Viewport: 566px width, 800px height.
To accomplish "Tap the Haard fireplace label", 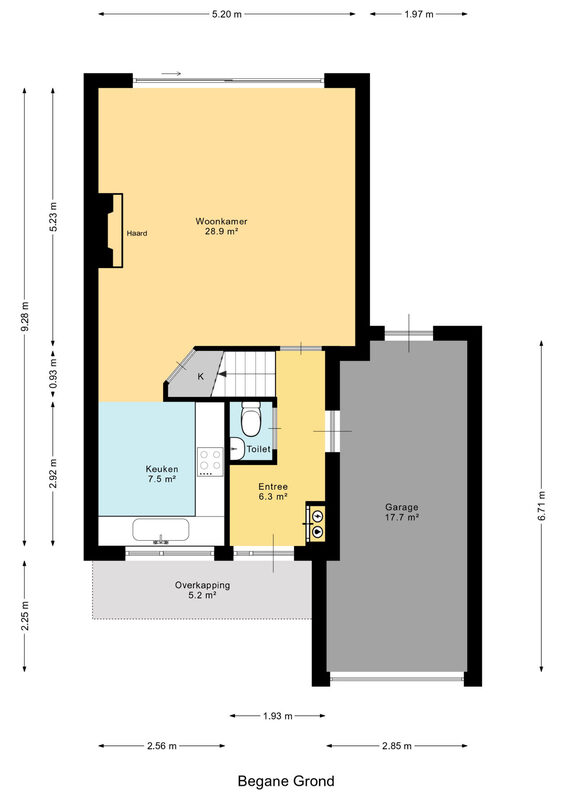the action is tap(137, 233).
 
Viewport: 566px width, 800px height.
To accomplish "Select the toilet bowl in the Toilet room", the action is tap(251, 419).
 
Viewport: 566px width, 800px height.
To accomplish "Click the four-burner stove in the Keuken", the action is tap(210, 462).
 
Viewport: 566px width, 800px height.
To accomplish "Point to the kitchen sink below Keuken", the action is tap(161, 530).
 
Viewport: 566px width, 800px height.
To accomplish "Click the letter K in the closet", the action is tap(201, 377).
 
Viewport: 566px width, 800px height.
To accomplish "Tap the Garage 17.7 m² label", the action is tap(402, 512).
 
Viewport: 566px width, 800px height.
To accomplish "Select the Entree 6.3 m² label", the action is tap(273, 491).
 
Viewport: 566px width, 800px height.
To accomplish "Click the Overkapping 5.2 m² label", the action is tap(202, 590).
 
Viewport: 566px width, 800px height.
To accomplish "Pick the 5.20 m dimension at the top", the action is tap(227, 14).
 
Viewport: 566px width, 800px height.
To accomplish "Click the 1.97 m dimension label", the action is tap(419, 14).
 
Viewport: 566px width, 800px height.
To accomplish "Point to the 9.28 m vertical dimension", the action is tap(24, 317).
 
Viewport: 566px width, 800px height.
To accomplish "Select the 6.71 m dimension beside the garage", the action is tap(542, 506).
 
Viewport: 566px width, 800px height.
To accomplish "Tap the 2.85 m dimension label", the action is tap(397, 746).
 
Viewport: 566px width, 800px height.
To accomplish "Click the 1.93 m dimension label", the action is tap(278, 716).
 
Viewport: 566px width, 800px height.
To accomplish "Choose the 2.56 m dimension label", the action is tap(162, 746).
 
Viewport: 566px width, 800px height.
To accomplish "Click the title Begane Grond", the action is tap(286, 781).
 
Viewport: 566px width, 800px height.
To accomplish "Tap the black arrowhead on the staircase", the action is tap(223, 374).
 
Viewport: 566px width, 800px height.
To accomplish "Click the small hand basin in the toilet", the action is tap(236, 449).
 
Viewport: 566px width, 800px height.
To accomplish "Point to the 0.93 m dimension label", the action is tap(53, 374).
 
